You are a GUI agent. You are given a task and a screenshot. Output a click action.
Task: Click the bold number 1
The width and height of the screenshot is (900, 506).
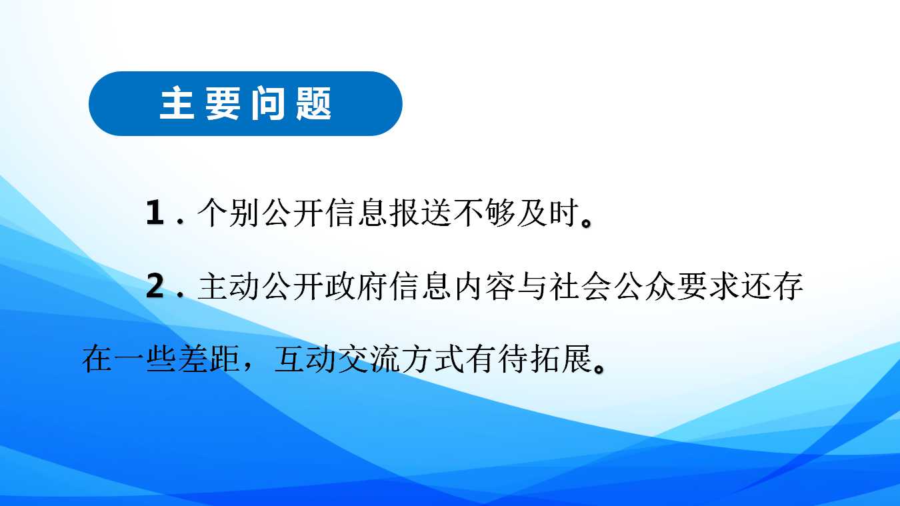[x=155, y=212]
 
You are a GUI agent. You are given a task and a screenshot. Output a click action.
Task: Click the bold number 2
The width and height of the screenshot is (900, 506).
[x=155, y=286]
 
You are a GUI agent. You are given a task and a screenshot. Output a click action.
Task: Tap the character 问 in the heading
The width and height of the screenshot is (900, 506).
[x=268, y=103]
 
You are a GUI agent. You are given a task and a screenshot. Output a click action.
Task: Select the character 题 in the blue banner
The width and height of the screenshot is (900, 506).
[x=314, y=103]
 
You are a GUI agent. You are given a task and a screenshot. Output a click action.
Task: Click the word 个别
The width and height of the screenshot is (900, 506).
[x=228, y=212]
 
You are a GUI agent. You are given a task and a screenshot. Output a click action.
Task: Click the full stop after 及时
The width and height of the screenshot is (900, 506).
[x=586, y=221]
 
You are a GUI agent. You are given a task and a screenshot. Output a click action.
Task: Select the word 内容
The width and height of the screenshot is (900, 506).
[x=484, y=286]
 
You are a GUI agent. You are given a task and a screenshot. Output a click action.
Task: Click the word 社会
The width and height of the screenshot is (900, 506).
[x=580, y=286]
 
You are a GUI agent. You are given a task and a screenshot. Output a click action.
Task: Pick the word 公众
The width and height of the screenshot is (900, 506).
[x=645, y=286]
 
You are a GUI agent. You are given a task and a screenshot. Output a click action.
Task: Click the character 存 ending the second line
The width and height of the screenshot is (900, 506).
[x=787, y=286]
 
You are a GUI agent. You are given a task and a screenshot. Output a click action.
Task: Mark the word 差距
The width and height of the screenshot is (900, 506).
[x=209, y=358]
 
